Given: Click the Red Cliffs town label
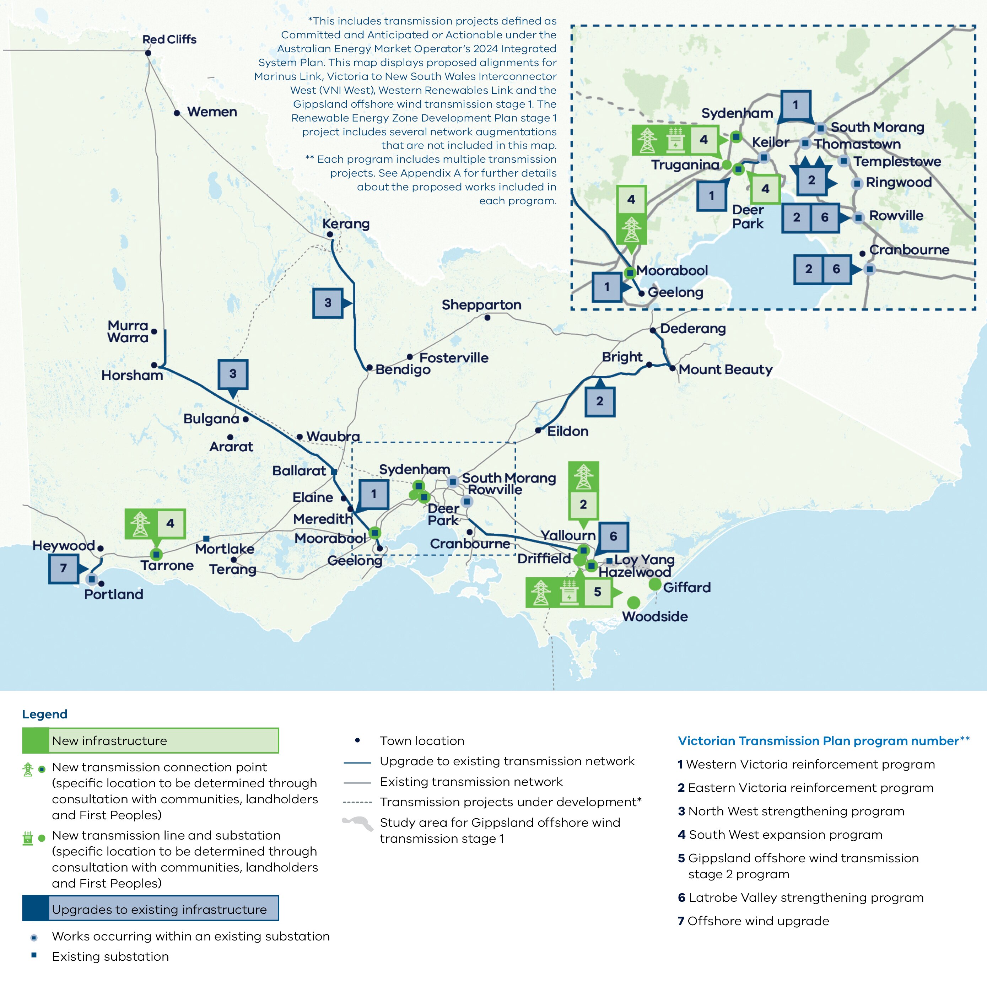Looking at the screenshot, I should pos(169,39).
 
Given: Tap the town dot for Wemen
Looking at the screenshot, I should pos(177,113).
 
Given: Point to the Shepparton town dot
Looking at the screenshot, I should pos(487,318).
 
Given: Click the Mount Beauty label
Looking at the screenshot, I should pos(726,370).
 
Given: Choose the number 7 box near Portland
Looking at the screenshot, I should pos(63,568).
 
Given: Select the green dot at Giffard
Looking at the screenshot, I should pos(655,584).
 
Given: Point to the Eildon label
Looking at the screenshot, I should pos(567,431).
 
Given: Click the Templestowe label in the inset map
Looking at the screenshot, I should pos(897,161).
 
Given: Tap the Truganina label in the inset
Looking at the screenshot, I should pos(685,165).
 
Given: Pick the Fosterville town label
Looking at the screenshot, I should pos(454,358).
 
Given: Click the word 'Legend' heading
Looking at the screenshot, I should pos(44,714).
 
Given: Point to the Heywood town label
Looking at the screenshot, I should pos(63,546).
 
